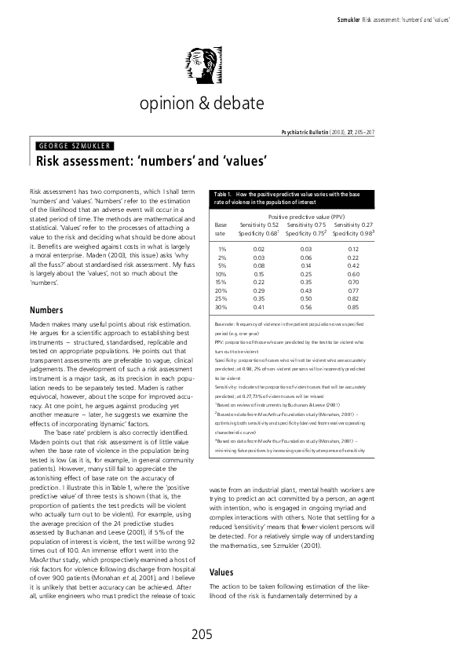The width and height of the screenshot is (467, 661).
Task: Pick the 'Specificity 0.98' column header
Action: coord(352,233)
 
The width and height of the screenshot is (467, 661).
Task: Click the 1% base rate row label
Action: coord(221,249)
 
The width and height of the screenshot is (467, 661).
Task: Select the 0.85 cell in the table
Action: coord(353,307)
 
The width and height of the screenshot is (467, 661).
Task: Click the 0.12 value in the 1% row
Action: coord(353,249)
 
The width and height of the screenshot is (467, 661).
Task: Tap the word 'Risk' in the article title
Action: coord(51,162)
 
